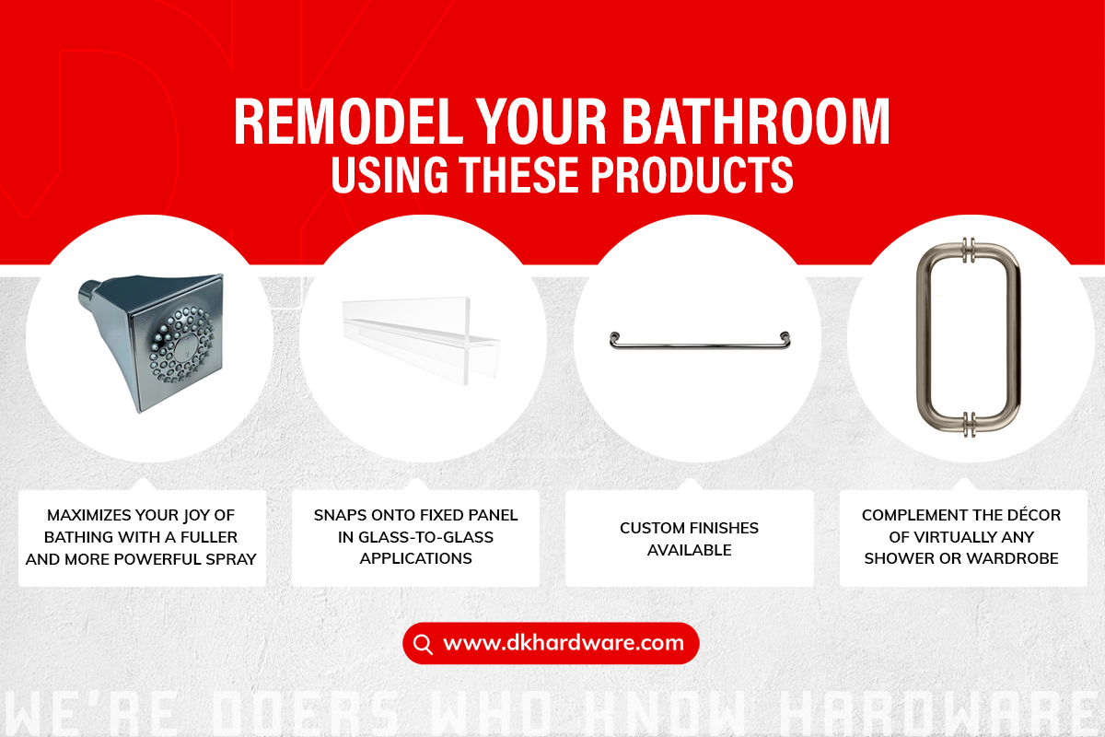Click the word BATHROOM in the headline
(x=755, y=121)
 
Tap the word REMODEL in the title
(x=349, y=121)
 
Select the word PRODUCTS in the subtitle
(x=692, y=175)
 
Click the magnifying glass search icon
(x=423, y=644)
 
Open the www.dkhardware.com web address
(x=564, y=643)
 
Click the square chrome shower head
(x=153, y=342)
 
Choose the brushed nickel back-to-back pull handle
(x=969, y=339)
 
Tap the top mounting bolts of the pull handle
(x=969, y=251)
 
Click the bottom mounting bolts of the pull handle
(x=969, y=425)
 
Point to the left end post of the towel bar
(x=614, y=340)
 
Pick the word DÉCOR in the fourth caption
(x=1033, y=514)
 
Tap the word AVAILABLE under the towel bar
(x=689, y=550)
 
